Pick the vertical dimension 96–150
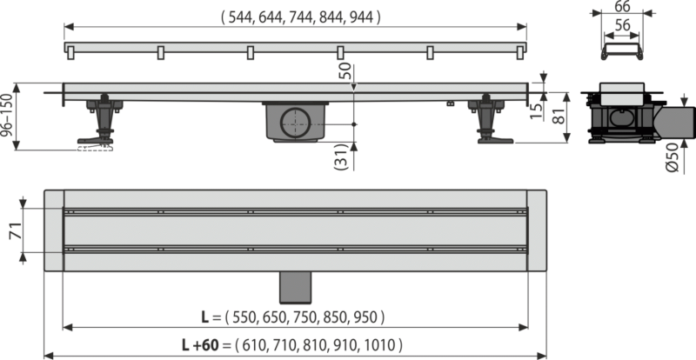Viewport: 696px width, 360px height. [8, 116]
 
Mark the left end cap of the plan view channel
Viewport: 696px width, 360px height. [53, 230]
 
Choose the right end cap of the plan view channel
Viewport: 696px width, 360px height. [536, 230]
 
